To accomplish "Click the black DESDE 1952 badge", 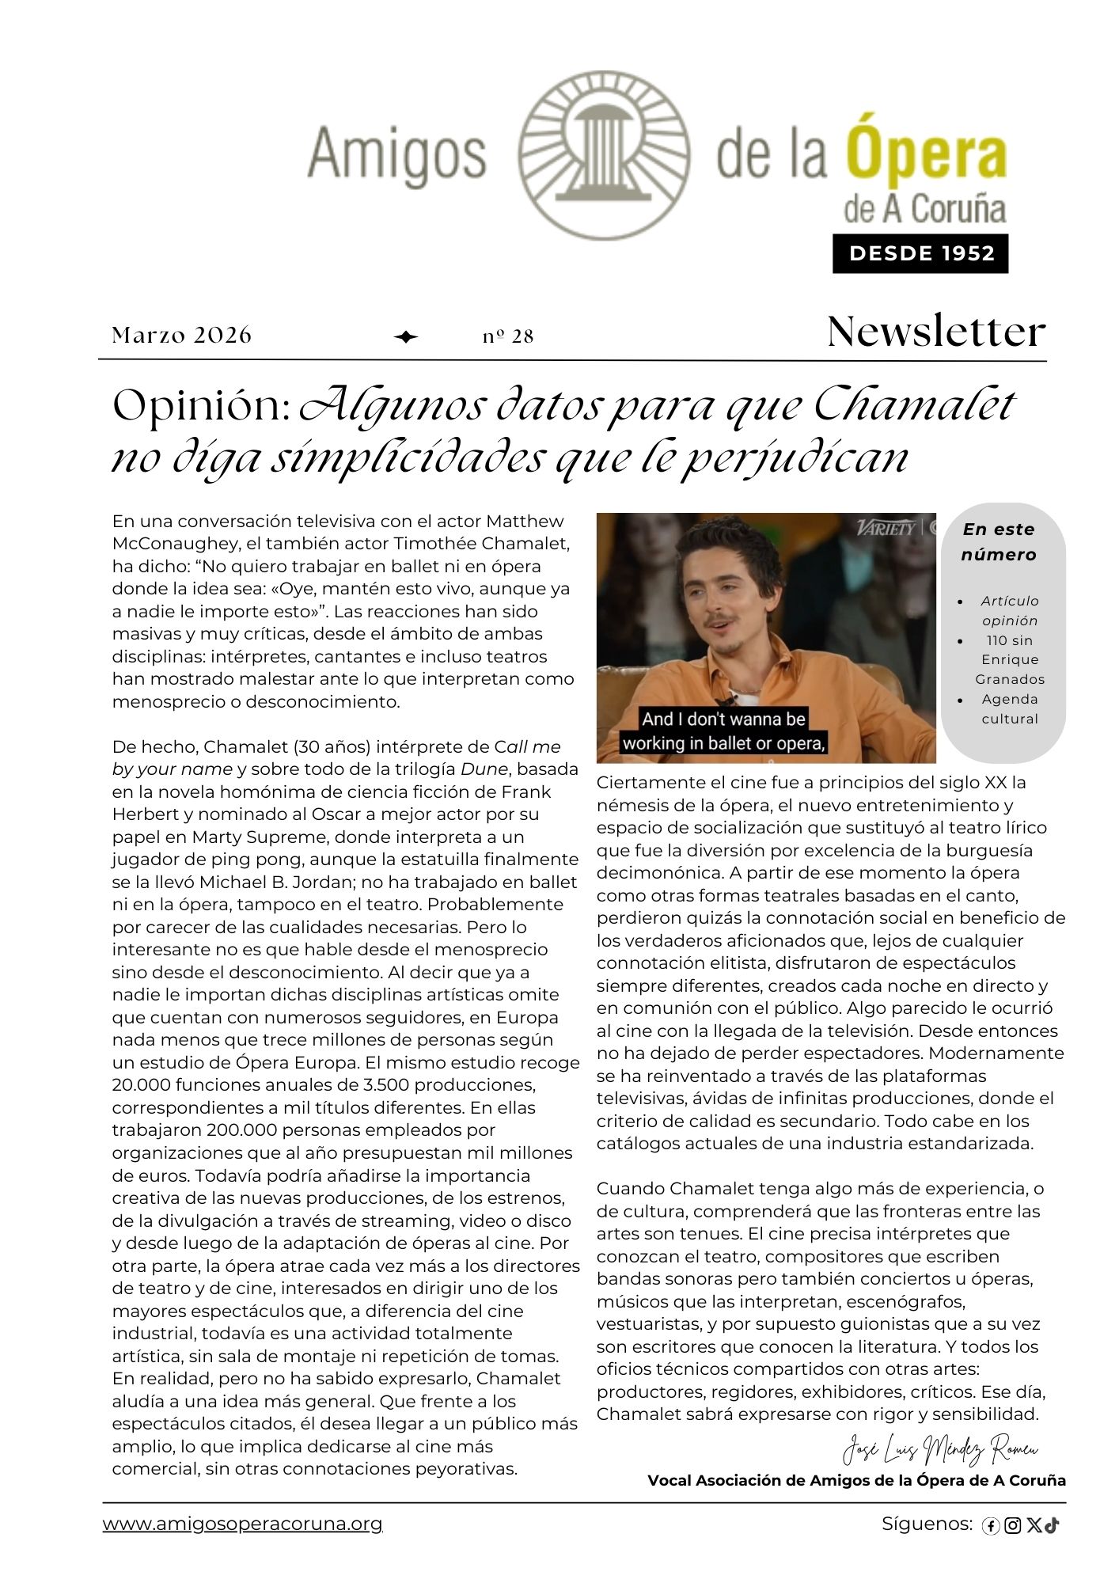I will (920, 253).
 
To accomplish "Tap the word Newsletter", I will (935, 332).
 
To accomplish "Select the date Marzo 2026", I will (181, 336).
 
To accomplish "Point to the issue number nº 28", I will (508, 336).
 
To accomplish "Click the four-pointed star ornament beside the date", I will (406, 337).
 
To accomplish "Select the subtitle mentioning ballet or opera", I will (723, 731).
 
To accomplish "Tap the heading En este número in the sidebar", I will (999, 541).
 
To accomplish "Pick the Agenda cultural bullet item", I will (1009, 708).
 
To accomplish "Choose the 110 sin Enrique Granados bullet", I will (1009, 659).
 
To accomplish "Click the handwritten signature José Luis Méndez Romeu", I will (939, 1449).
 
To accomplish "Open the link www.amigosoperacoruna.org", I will (242, 1524).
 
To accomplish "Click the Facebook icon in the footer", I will (990, 1526).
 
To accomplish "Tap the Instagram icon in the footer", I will (1012, 1526).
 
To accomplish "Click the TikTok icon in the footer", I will (1052, 1525).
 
